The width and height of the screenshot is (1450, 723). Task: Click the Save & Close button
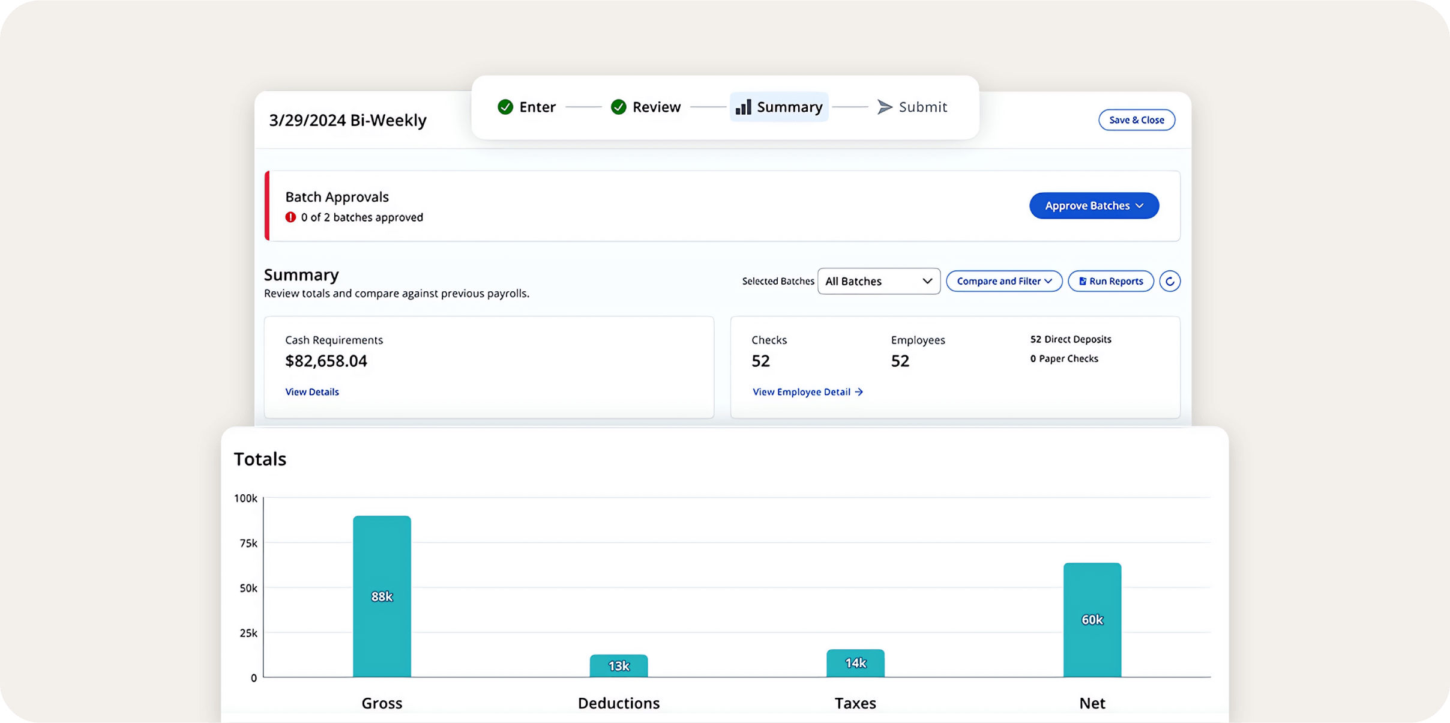(x=1136, y=120)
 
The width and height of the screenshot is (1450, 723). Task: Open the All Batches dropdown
(x=878, y=281)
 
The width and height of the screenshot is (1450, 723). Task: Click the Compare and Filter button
(x=1003, y=281)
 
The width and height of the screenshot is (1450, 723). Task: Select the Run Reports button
(x=1110, y=281)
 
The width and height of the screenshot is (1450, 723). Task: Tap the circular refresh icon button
(x=1169, y=281)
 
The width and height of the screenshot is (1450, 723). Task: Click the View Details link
(x=312, y=392)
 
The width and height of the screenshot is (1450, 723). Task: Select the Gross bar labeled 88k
(x=382, y=596)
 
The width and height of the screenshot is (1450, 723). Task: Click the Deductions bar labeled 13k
(x=618, y=665)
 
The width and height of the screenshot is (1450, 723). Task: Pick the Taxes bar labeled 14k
(x=855, y=663)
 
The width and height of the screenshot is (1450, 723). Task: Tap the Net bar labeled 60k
(x=1092, y=619)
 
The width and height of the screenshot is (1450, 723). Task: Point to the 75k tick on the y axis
(x=248, y=543)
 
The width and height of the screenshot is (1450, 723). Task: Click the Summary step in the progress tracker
(x=779, y=107)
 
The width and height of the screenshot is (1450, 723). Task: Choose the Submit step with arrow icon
(x=912, y=107)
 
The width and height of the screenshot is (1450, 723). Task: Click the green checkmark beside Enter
(x=505, y=107)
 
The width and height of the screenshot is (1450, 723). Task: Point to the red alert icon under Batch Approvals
(x=290, y=217)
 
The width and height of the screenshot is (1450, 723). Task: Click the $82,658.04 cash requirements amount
(x=326, y=361)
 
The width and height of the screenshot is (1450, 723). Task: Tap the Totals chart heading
(x=260, y=459)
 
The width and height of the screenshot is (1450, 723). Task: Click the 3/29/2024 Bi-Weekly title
(x=347, y=120)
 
